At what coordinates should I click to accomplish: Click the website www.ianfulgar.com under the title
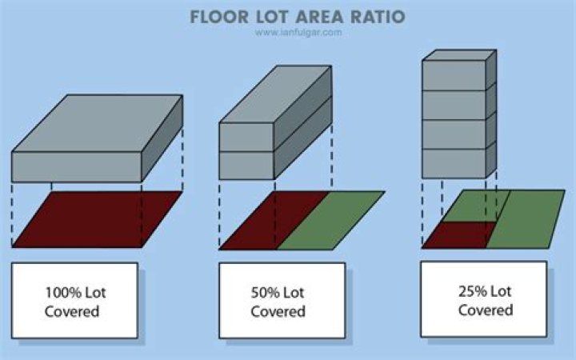298,32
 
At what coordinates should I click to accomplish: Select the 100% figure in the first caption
63,293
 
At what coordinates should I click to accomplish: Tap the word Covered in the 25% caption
486,310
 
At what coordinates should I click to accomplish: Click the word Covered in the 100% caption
72,311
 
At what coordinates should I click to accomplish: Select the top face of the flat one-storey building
98,123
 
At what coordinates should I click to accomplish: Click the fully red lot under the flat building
98,219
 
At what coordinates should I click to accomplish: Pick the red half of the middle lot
274,221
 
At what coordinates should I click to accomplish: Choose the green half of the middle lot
330,221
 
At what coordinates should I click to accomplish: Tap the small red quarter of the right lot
459,235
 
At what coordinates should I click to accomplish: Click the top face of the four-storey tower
459,55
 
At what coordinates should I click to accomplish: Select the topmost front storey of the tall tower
454,75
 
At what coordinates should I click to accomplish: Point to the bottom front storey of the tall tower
454,163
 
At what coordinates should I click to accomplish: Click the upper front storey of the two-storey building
247,137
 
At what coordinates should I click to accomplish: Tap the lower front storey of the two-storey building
247,166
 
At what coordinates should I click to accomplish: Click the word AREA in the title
319,17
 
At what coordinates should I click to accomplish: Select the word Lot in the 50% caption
293,293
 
